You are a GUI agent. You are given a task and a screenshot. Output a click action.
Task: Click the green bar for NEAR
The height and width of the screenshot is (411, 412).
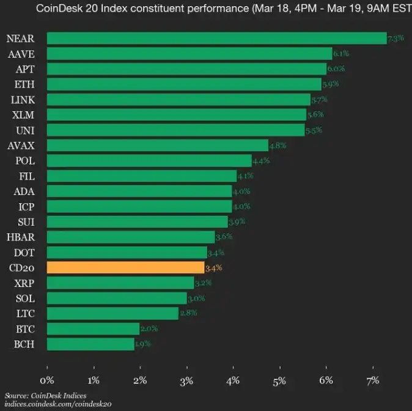(216, 39)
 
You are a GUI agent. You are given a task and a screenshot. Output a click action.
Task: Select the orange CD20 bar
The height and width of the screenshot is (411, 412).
(125, 267)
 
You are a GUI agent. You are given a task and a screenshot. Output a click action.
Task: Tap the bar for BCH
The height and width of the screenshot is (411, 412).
(90, 344)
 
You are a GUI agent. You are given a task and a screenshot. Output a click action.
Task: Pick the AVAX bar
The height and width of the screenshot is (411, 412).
(158, 146)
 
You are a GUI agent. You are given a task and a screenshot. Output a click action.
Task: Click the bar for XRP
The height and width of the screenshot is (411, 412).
(120, 283)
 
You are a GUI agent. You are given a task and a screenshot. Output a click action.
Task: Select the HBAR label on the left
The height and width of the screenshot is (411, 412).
(20, 237)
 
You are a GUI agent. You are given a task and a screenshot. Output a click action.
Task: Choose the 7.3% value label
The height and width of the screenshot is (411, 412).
(395, 39)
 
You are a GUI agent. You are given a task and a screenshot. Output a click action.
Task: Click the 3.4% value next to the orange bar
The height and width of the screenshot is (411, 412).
(213, 267)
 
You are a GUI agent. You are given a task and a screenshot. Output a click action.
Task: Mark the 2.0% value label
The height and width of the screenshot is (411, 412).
(149, 328)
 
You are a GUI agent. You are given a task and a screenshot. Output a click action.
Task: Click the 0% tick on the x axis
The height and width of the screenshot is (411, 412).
(47, 380)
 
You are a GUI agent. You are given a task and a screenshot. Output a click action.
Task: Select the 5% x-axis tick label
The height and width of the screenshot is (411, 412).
(279, 380)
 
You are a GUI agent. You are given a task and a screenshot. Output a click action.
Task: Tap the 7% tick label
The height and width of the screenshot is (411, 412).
(372, 380)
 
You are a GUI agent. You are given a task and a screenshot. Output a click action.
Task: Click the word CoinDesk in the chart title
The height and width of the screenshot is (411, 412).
(59, 9)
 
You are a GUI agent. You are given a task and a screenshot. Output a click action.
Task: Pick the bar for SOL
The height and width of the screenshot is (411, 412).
(117, 298)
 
